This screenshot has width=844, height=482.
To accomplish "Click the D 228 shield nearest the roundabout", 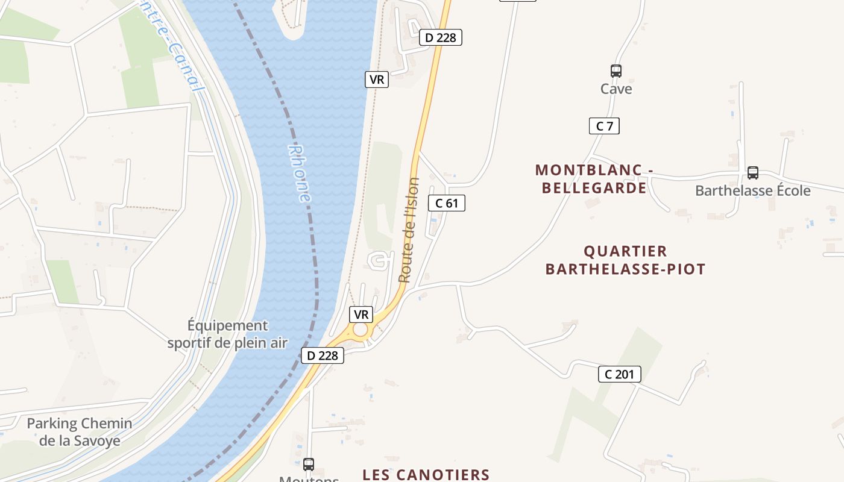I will [x=322, y=355].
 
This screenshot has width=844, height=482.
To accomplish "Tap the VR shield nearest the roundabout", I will [x=361, y=315].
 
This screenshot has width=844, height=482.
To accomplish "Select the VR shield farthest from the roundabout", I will [x=377, y=80].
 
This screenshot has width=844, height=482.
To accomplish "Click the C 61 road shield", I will [x=447, y=203].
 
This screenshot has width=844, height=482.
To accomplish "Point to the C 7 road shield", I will [x=604, y=126].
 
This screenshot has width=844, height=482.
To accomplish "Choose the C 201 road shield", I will [x=619, y=374].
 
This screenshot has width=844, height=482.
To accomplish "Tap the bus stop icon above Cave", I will [x=616, y=71].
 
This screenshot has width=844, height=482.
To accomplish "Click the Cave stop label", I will [x=616, y=89].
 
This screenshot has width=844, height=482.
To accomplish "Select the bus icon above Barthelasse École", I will [x=753, y=173].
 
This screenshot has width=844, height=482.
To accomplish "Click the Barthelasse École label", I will [x=753, y=191].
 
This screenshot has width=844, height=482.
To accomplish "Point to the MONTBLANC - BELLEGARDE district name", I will [x=594, y=179].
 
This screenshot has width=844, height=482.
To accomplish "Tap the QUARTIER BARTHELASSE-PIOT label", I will [x=625, y=260].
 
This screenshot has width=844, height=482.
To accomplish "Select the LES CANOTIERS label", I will [x=426, y=475].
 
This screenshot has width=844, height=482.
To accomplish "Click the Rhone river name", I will [x=300, y=174].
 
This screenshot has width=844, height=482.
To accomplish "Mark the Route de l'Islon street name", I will [x=409, y=230].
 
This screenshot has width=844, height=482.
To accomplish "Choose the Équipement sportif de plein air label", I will [x=227, y=334].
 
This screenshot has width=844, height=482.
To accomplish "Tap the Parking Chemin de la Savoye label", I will [x=80, y=432].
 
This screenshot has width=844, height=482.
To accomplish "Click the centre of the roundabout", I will [x=361, y=330].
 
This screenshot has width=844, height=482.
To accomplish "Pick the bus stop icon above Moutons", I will [x=309, y=464].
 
